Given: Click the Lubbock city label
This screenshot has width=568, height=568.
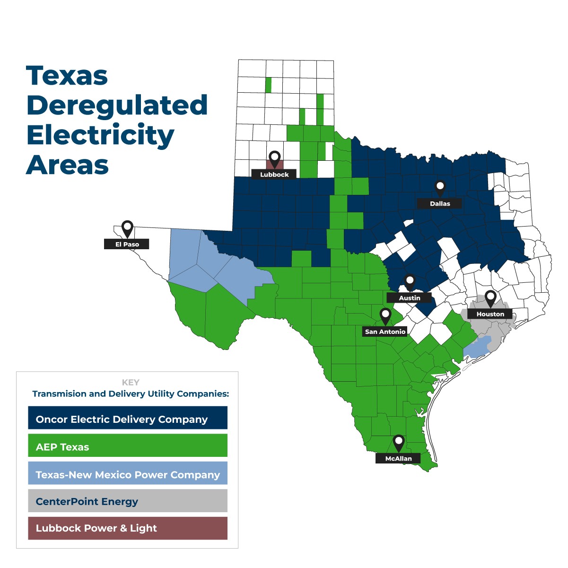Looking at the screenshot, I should coord(274,175).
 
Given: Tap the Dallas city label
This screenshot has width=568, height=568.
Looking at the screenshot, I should coord(440,204).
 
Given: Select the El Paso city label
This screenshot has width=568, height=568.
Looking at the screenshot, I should coord(127,245).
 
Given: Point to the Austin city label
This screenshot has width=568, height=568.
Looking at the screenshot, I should coord(409,298).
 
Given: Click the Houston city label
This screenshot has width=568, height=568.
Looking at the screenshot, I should coord(490,314).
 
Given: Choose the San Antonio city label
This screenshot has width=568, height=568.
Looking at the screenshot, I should coord(385,332).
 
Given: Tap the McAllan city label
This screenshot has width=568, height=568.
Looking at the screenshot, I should coord(398,458).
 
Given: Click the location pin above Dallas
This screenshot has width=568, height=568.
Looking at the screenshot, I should coord(440,187).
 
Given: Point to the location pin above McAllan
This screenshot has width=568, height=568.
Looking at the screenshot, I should coord(399,442).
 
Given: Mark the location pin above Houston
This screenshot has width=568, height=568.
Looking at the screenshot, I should coord(490,297).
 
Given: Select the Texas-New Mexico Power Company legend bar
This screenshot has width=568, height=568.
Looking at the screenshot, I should coord(128,473).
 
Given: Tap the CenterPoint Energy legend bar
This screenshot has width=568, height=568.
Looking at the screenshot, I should coord(128,501).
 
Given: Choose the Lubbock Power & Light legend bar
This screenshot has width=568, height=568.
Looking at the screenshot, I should coord(128,528).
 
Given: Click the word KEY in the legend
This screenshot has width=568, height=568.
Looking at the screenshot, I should coord(131,382).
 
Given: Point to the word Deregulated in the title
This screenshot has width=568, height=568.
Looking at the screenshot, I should coord(117,105).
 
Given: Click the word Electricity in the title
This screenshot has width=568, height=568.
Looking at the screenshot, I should coord(100,135).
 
